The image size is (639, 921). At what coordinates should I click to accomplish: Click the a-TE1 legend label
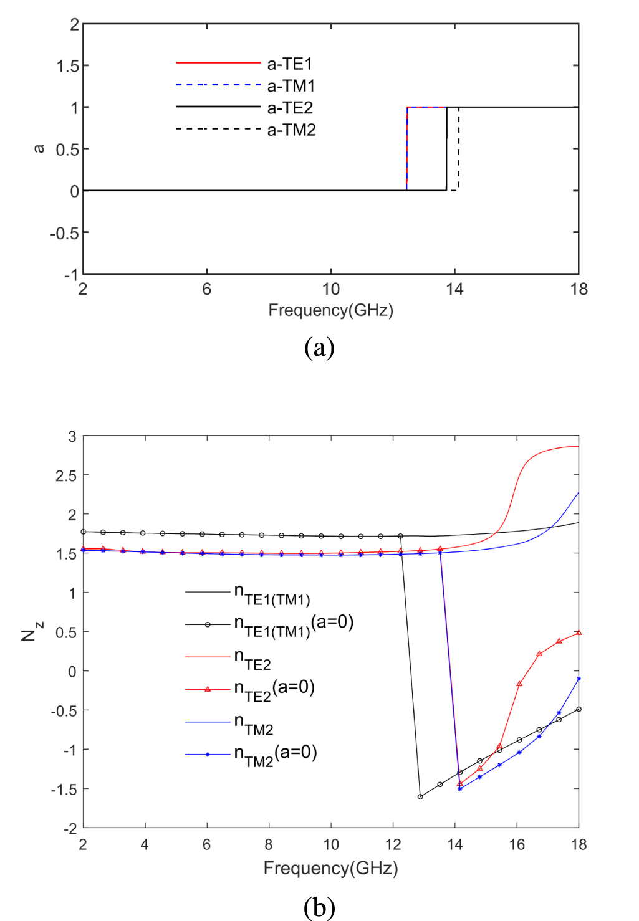(290, 64)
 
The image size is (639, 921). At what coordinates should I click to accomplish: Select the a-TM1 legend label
(291, 86)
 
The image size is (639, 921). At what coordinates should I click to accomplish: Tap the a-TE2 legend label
(290, 108)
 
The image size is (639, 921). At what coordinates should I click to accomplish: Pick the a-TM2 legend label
(291, 130)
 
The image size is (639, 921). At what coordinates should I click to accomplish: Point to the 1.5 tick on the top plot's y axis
(69, 66)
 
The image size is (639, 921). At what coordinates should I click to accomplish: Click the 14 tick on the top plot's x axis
(454, 289)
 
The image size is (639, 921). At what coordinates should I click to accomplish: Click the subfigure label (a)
(319, 348)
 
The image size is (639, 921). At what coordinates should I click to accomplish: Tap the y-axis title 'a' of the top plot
(39, 148)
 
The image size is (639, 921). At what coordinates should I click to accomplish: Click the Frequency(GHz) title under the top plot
(330, 310)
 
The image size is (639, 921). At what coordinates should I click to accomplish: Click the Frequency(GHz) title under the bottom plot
(330, 868)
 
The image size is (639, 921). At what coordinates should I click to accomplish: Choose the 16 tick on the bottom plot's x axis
(517, 845)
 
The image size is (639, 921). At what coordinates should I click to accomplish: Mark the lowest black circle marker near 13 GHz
(420, 796)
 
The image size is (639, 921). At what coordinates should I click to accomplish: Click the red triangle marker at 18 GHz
(579, 632)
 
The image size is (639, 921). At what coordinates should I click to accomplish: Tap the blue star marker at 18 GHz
(579, 679)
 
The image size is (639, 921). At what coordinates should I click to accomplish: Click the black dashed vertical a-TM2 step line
(459, 150)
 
